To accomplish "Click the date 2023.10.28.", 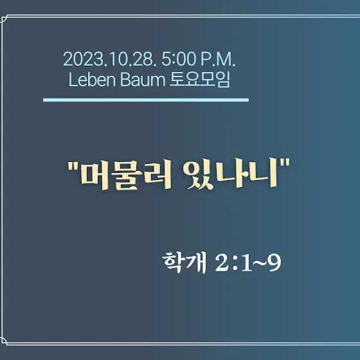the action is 109,59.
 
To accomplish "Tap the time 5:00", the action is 179,59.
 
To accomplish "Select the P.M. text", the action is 218,59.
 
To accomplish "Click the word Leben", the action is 92,80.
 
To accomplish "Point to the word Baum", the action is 143,80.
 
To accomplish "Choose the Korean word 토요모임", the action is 200,80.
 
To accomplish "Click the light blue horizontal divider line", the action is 146,100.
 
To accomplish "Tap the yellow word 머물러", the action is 126,174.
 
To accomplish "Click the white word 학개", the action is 184,262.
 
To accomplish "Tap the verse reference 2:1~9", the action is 248,263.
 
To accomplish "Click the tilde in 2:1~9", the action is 260,263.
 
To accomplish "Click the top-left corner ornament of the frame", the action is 3,19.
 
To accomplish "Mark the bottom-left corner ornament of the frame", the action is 3,341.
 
